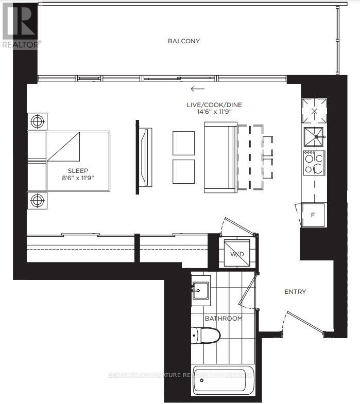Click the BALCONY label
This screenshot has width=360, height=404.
point(183,41)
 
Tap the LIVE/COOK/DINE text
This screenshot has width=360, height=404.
point(214,105)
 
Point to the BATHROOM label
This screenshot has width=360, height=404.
point(223,319)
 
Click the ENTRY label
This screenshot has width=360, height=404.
point(295,292)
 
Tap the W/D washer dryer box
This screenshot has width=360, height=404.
point(237,253)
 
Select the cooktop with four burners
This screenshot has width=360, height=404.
point(314,163)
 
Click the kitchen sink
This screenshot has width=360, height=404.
point(314,136)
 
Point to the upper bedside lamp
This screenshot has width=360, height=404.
point(38,122)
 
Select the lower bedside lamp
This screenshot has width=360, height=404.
point(38,200)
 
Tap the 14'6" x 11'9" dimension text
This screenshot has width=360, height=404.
point(214,112)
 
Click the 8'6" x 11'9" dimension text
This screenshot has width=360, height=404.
point(79,178)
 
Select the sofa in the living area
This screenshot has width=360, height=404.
point(220,156)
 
